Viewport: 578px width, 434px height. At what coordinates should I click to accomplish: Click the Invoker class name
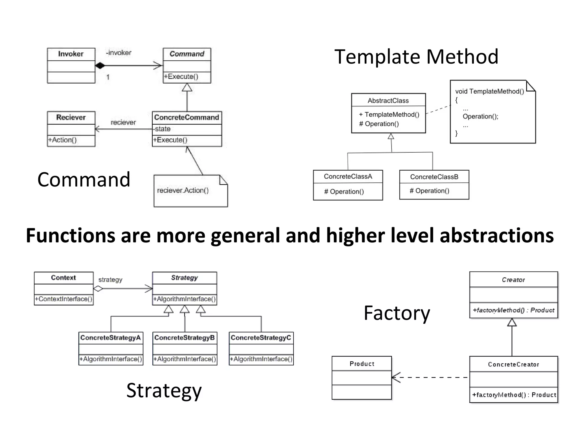coord(71,54)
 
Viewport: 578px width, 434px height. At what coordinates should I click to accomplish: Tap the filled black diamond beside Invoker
coord(100,66)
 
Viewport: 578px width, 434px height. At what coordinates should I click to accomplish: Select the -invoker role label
coord(119,53)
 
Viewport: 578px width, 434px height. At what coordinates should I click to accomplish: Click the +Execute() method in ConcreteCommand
coord(170,140)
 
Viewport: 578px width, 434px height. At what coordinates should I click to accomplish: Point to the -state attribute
coord(162,129)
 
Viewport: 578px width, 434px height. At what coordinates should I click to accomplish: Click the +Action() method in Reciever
coord(62,140)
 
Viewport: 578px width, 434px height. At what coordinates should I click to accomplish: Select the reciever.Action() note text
coord(183,190)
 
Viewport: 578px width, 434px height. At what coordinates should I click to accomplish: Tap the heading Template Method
coord(416,57)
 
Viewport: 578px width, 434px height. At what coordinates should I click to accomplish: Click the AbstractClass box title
coord(388,101)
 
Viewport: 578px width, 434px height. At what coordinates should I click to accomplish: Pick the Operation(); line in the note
coord(480,116)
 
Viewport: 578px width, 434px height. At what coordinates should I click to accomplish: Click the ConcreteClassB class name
coord(434,177)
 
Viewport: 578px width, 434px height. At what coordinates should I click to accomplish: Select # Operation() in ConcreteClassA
coord(344,192)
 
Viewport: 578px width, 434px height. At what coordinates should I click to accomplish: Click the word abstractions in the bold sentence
coord(497,236)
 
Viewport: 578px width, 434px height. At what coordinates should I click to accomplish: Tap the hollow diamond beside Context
coord(98,289)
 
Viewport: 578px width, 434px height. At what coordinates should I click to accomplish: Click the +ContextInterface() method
coord(64,299)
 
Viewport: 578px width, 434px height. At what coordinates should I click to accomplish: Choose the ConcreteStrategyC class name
coord(261,338)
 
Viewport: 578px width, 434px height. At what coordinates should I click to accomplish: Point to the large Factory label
coord(397,313)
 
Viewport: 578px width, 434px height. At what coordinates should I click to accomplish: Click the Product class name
coord(362,364)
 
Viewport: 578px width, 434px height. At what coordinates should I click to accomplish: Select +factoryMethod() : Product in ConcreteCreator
coord(514,395)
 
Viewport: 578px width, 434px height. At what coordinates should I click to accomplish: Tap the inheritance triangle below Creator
coord(512,322)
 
